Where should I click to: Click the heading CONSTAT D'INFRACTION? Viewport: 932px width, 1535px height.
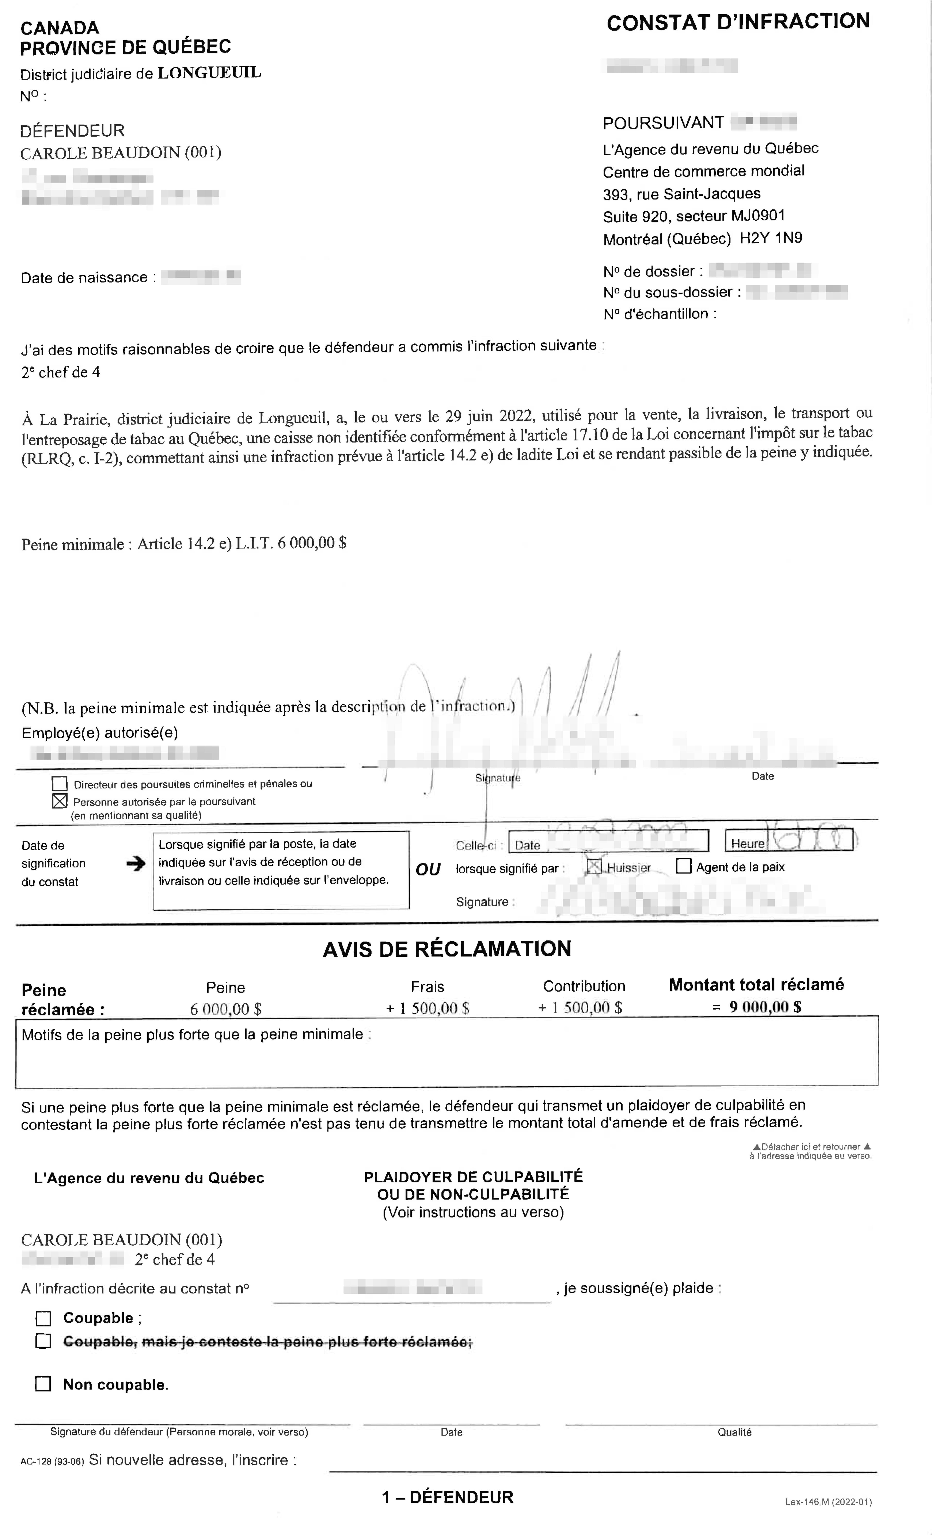click(x=738, y=22)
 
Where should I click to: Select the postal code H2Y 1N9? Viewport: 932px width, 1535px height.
click(x=771, y=238)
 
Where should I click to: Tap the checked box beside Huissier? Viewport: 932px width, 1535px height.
click(x=594, y=867)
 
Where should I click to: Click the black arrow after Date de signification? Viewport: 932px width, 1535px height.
click(x=135, y=863)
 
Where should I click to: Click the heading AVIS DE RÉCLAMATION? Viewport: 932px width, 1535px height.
click(x=447, y=949)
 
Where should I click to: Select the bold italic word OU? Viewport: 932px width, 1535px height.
click(x=428, y=870)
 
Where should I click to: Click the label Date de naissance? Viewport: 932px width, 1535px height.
click(x=84, y=278)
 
